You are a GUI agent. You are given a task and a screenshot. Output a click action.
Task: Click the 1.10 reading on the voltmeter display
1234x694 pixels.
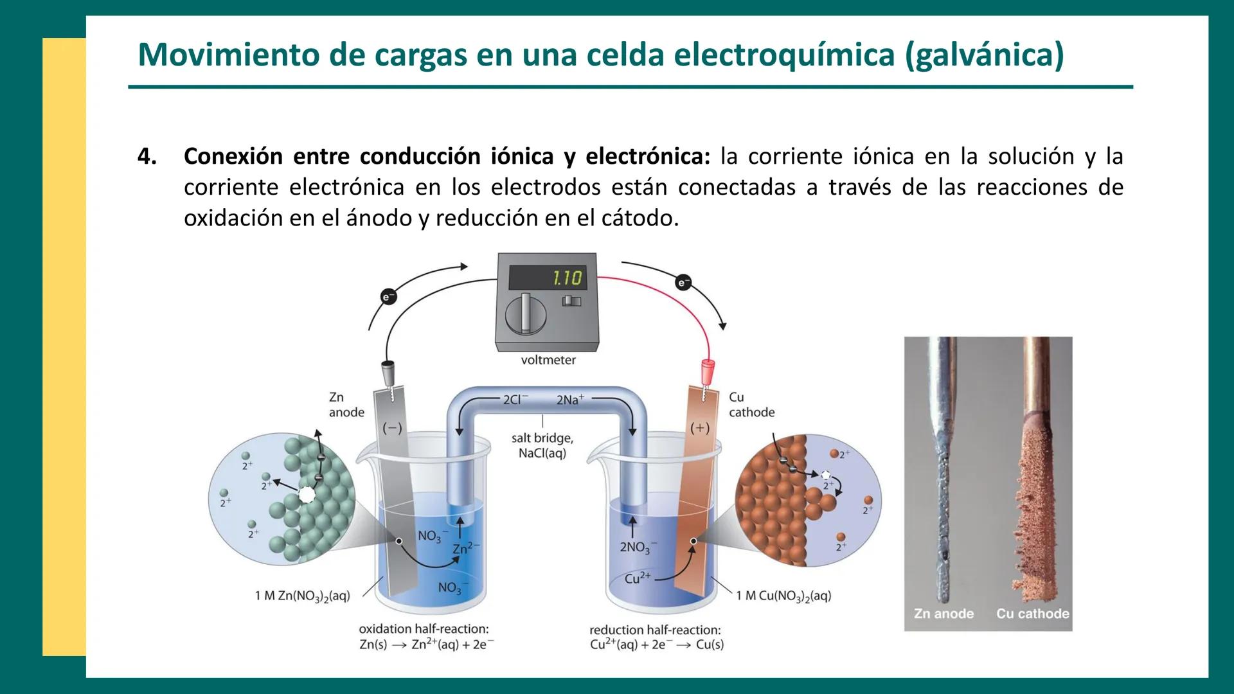point(566,278)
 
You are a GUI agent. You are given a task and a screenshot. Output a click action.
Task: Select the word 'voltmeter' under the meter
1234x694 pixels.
point(548,360)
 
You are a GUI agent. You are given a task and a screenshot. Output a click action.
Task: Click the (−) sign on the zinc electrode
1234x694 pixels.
point(392,428)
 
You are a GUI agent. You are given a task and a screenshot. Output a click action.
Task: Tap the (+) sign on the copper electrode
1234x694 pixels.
point(700,428)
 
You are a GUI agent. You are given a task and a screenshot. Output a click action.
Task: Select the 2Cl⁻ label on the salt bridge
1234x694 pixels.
point(515,400)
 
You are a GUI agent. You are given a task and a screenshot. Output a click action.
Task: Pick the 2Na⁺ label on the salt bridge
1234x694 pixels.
point(570,400)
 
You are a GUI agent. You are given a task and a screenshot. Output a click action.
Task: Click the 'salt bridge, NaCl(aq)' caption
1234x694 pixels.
point(542,445)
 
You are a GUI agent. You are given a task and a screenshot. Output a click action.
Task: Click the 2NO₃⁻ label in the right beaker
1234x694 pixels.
point(636,547)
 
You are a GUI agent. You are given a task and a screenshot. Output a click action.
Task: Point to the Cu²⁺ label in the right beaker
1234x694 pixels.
point(638,578)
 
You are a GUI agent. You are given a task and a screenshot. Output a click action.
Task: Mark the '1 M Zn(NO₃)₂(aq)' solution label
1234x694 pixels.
point(303,596)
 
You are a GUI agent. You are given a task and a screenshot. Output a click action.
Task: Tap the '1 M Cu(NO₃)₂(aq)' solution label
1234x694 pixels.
point(783,596)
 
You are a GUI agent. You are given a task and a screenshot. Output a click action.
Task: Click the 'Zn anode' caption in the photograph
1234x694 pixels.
point(943,614)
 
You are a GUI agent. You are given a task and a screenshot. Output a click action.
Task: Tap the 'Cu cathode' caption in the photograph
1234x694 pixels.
point(1032,614)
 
